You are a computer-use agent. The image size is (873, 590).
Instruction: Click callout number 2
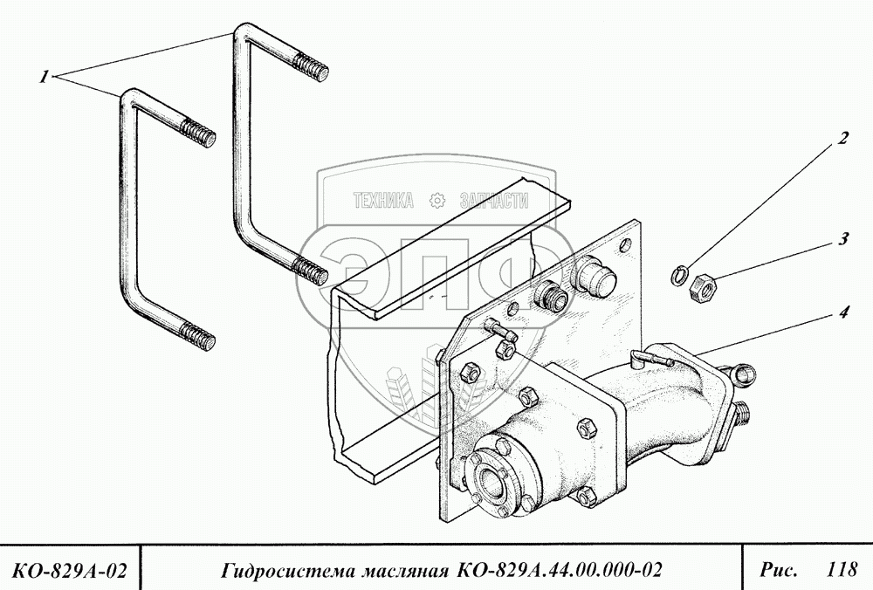click(842, 137)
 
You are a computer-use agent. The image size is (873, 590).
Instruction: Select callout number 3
click(843, 238)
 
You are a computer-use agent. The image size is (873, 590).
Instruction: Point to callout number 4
click(842, 312)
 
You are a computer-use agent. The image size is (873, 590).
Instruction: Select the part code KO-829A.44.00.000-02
click(556, 571)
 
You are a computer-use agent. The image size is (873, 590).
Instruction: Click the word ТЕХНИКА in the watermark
click(382, 201)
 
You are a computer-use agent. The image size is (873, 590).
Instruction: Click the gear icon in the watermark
click(436, 201)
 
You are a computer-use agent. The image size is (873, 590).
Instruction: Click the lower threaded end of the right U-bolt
click(311, 271)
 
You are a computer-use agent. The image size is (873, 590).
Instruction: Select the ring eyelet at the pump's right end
click(744, 375)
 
